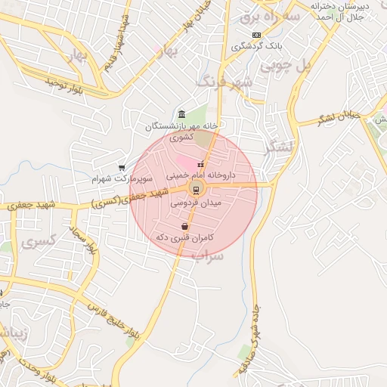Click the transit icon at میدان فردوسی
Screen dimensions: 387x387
click(195, 189)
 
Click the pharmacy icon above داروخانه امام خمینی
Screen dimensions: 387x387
click(200, 164)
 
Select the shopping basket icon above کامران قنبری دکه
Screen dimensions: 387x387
click(185, 226)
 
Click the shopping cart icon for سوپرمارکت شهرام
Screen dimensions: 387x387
click(122, 168)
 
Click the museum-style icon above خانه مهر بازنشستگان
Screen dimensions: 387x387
click(181, 113)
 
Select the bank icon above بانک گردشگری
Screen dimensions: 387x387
click(257, 35)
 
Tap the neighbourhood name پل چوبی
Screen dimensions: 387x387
click(286, 67)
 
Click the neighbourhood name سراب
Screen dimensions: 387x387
click(207, 255)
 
